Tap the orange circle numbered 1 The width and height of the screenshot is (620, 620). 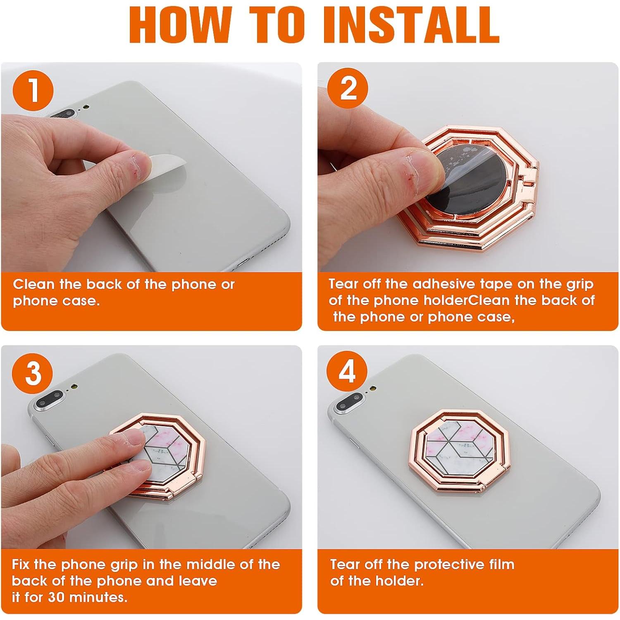coord(33,89)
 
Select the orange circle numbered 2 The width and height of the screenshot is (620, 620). coord(348,88)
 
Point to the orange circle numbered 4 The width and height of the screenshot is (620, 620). coord(347,372)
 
